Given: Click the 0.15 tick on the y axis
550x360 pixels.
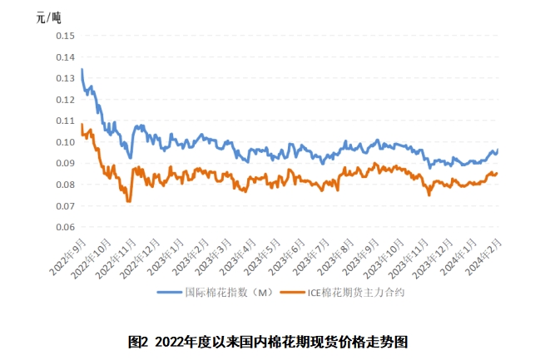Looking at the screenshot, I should pos(65,36).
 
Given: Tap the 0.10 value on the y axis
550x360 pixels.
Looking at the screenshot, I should pos(65,142).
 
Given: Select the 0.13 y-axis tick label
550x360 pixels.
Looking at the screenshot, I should pos(65,78).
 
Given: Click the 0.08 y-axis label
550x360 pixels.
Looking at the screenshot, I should pos(65,185).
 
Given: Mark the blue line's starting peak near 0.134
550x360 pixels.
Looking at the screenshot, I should pos(82,70).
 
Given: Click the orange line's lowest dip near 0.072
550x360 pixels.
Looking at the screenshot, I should pos(129,200).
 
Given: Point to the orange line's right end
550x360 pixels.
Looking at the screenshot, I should pos(498,173).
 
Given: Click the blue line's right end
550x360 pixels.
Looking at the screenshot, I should pos(498,150).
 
